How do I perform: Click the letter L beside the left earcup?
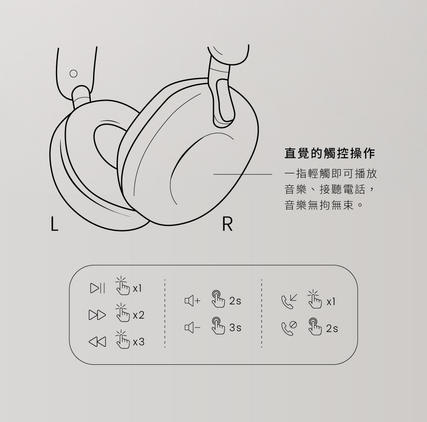click(x=55, y=223)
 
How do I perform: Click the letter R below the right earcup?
click(x=228, y=224)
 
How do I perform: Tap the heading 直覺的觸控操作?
click(x=330, y=153)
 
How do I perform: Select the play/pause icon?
click(x=97, y=288)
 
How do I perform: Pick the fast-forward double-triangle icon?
click(x=97, y=315)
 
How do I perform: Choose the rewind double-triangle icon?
click(x=97, y=341)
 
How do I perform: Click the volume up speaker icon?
click(x=192, y=301)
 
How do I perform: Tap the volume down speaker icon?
click(x=192, y=327)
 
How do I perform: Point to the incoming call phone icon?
click(x=289, y=301)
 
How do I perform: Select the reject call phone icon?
click(x=289, y=328)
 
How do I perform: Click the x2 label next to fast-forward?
click(x=139, y=315)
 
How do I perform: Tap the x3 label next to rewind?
click(x=139, y=342)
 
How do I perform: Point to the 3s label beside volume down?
click(x=235, y=328)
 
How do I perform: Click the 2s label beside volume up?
click(x=235, y=301)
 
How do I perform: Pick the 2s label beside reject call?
click(x=332, y=328)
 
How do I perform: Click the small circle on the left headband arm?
click(x=73, y=73)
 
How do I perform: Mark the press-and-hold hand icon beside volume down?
click(x=218, y=326)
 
